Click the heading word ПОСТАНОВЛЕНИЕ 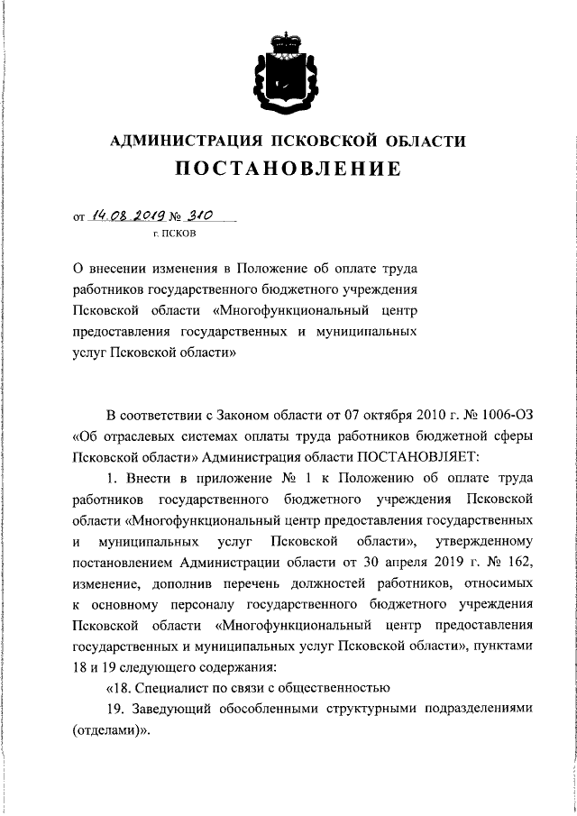[x=288, y=169]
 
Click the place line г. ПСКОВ [x=172, y=234]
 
